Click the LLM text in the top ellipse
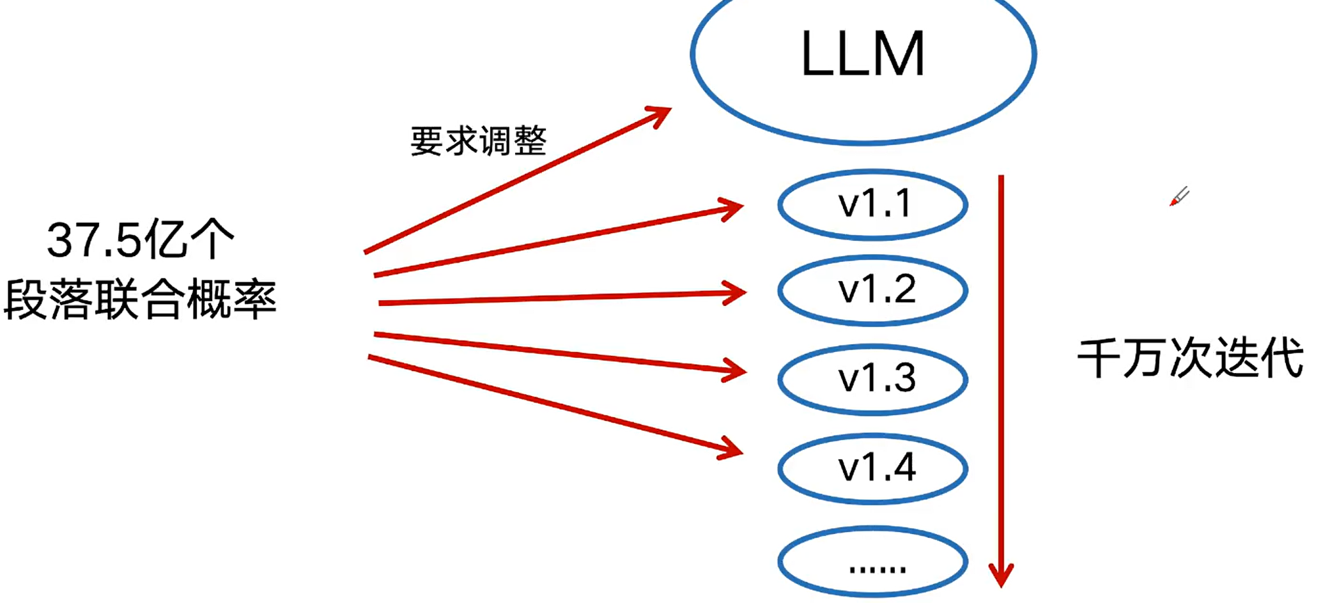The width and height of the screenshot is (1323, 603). click(x=863, y=54)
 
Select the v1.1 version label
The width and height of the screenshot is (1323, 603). click(x=874, y=204)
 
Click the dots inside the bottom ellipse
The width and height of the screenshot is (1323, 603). click(x=877, y=568)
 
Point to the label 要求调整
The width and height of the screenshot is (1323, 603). click(x=478, y=141)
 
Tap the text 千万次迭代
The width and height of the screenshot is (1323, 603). click(x=1190, y=358)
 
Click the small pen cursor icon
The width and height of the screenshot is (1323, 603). click(x=1179, y=196)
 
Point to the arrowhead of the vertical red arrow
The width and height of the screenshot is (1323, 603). click(x=1001, y=574)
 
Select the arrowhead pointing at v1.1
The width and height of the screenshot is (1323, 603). click(x=732, y=208)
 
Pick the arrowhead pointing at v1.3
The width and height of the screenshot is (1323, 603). click(x=736, y=370)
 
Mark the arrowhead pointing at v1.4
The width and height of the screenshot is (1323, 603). click(x=732, y=448)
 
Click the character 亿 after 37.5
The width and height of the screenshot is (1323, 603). click(x=165, y=240)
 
